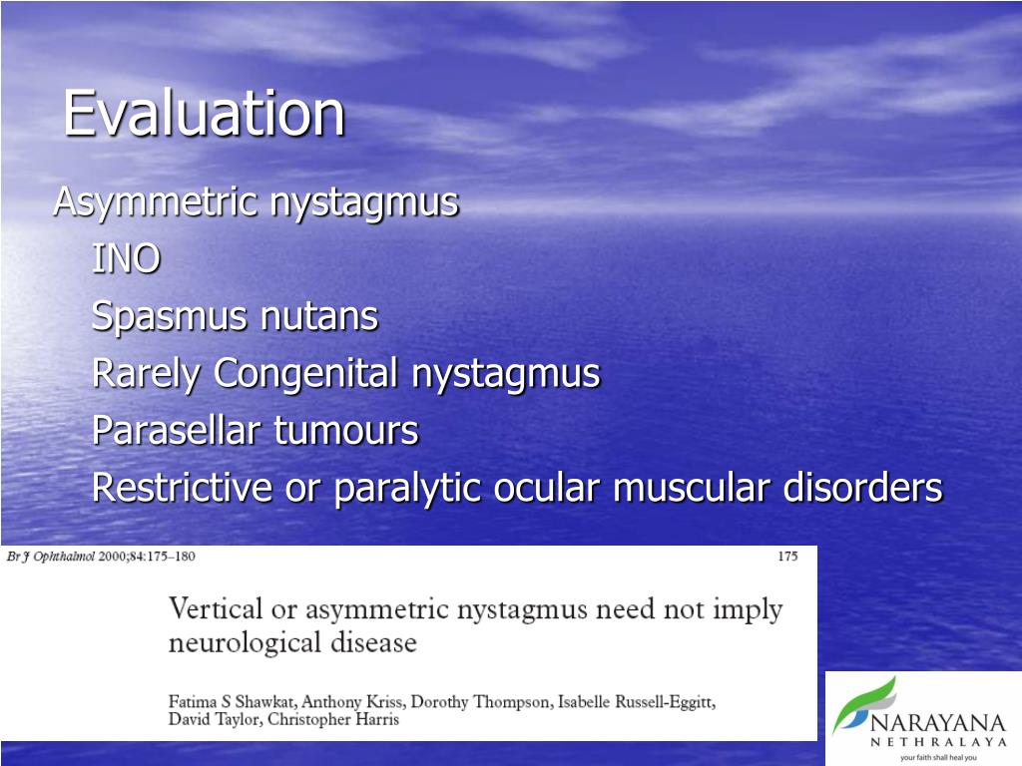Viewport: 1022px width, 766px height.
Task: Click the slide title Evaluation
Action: [x=205, y=114]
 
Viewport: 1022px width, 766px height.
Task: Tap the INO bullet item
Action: [x=126, y=259]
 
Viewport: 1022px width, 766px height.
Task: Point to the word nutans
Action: [x=319, y=317]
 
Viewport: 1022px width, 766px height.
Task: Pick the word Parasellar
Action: [x=178, y=432]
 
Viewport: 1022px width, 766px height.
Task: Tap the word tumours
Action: [x=346, y=432]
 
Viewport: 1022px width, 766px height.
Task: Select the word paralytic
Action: [x=408, y=489]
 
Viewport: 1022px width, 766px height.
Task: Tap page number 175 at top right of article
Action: [x=787, y=557]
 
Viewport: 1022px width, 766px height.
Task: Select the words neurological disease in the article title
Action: [x=292, y=642]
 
